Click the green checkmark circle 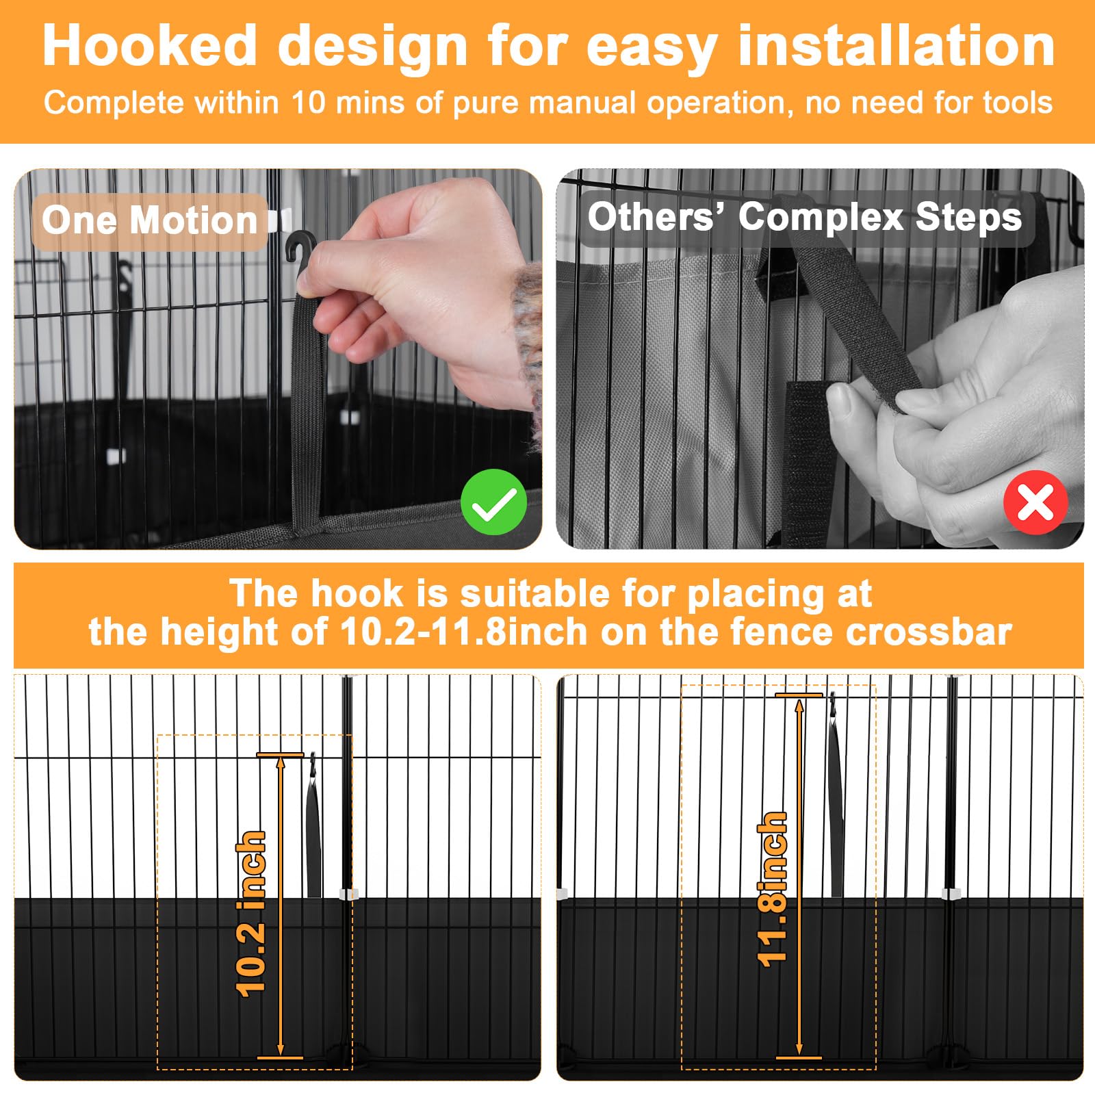(x=493, y=502)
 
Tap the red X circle (x=1035, y=502)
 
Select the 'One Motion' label (x=149, y=220)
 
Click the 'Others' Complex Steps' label (x=805, y=217)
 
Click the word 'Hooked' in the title (x=150, y=46)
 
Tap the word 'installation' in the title (x=897, y=46)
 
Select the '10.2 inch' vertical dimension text (x=250, y=914)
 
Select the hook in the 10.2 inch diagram (x=313, y=766)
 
